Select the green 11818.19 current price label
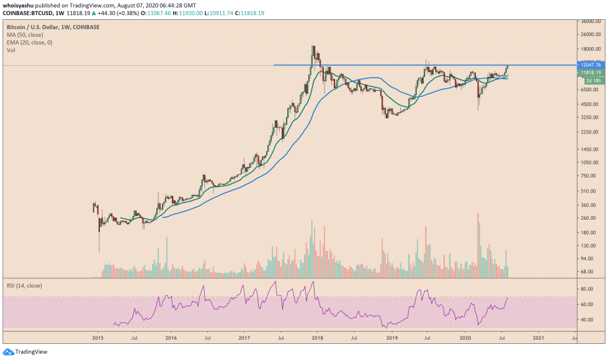pyautogui.click(x=587, y=73)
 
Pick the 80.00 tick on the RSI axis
pyautogui.click(x=585, y=289)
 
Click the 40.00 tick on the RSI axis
pyautogui.click(x=585, y=320)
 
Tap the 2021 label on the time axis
pyautogui.click(x=539, y=338)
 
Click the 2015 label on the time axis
pyautogui.click(x=97, y=338)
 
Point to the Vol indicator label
pyautogui.click(x=11, y=50)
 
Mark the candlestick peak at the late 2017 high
pyautogui.click(x=313, y=47)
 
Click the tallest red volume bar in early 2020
pyautogui.click(x=478, y=246)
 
